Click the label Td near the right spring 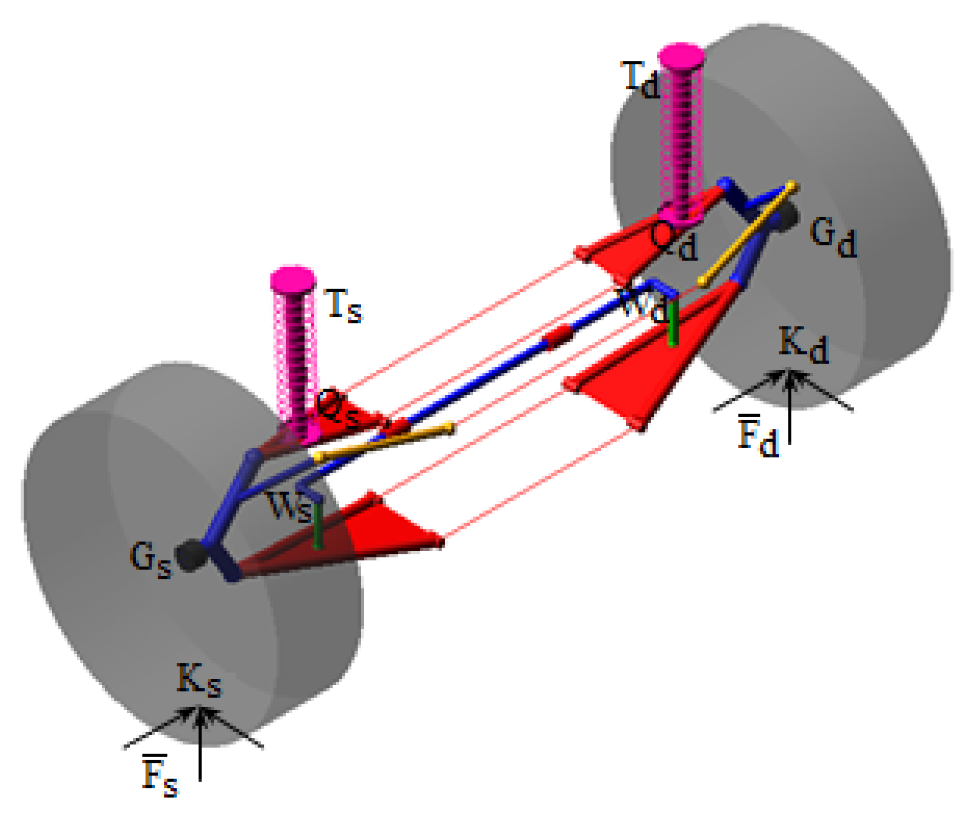pyautogui.click(x=640, y=79)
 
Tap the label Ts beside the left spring pyautogui.click(x=343, y=305)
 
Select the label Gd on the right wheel pyautogui.click(x=833, y=238)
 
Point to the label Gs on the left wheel pyautogui.click(x=150, y=559)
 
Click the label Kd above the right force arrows pyautogui.click(x=803, y=346)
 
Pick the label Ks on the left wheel pyautogui.click(x=198, y=680)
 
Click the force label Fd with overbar pyautogui.click(x=757, y=435)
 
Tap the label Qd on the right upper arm pyautogui.click(x=673, y=241)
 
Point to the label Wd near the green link pyautogui.click(x=644, y=305)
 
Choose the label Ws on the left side pyautogui.click(x=290, y=507)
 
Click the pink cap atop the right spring pyautogui.click(x=681, y=56)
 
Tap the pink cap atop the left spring pyautogui.click(x=293, y=278)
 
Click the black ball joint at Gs pyautogui.click(x=190, y=555)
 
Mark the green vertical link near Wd pyautogui.click(x=673, y=324)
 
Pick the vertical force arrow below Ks pyautogui.click(x=200, y=744)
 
